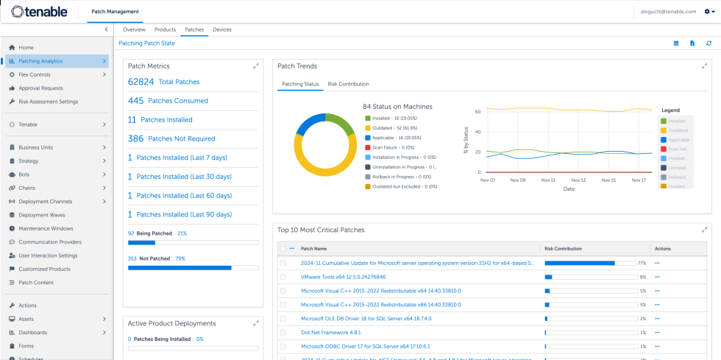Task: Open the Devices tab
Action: click(x=221, y=29)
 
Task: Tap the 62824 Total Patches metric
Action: click(x=163, y=82)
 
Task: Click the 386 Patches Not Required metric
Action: click(x=171, y=138)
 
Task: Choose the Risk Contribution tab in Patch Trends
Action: click(x=348, y=84)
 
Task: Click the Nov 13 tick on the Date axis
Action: click(x=578, y=180)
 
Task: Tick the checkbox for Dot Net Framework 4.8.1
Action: click(x=283, y=333)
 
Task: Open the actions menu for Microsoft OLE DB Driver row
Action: click(x=657, y=319)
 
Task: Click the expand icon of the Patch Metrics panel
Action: click(x=256, y=66)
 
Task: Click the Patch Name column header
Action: click(x=314, y=249)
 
